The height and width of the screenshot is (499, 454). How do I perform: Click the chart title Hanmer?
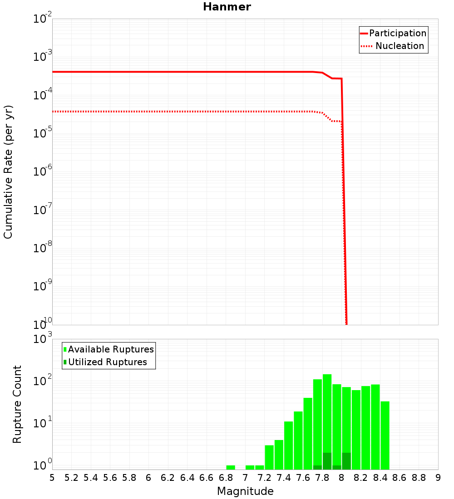(227, 7)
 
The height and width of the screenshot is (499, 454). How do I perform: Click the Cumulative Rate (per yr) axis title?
(8, 172)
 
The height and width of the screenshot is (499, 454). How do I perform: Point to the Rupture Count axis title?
(17, 404)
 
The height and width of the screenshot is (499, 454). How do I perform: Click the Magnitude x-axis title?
(245, 491)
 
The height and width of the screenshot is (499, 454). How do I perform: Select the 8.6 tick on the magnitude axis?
(400, 477)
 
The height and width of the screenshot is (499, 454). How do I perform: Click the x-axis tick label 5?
(52, 477)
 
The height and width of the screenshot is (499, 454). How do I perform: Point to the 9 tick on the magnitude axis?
(438, 477)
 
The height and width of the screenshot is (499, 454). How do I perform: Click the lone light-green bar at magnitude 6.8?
(231, 467)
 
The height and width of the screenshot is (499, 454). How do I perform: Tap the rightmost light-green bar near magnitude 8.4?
(385, 435)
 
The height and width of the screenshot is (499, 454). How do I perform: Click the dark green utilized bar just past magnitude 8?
(346, 461)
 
